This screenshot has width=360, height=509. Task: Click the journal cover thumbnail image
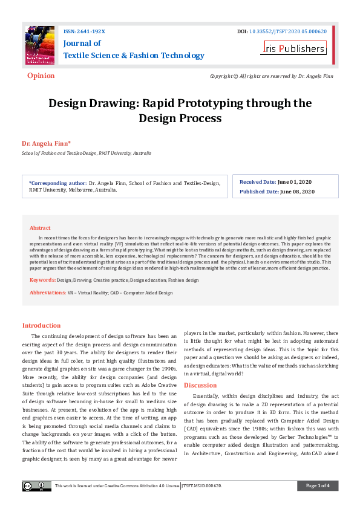tap(39, 46)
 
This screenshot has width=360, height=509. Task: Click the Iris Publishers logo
tap(294, 48)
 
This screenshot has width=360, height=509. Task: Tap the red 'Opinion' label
tap(41, 76)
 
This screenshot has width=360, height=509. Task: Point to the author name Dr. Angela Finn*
tap(46, 143)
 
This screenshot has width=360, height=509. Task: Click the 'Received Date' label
tap(258, 182)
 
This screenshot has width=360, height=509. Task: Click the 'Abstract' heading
tap(40, 228)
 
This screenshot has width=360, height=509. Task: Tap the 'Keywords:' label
tap(42, 280)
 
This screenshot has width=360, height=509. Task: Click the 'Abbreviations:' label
tap(48, 293)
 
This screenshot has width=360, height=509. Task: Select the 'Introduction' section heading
tap(41, 325)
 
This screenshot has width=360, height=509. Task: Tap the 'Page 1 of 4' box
tap(317, 486)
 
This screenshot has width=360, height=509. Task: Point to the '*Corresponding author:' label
tap(57, 182)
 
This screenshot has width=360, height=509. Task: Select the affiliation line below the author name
tap(87, 154)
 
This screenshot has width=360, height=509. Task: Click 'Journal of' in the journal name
tap(82, 44)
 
